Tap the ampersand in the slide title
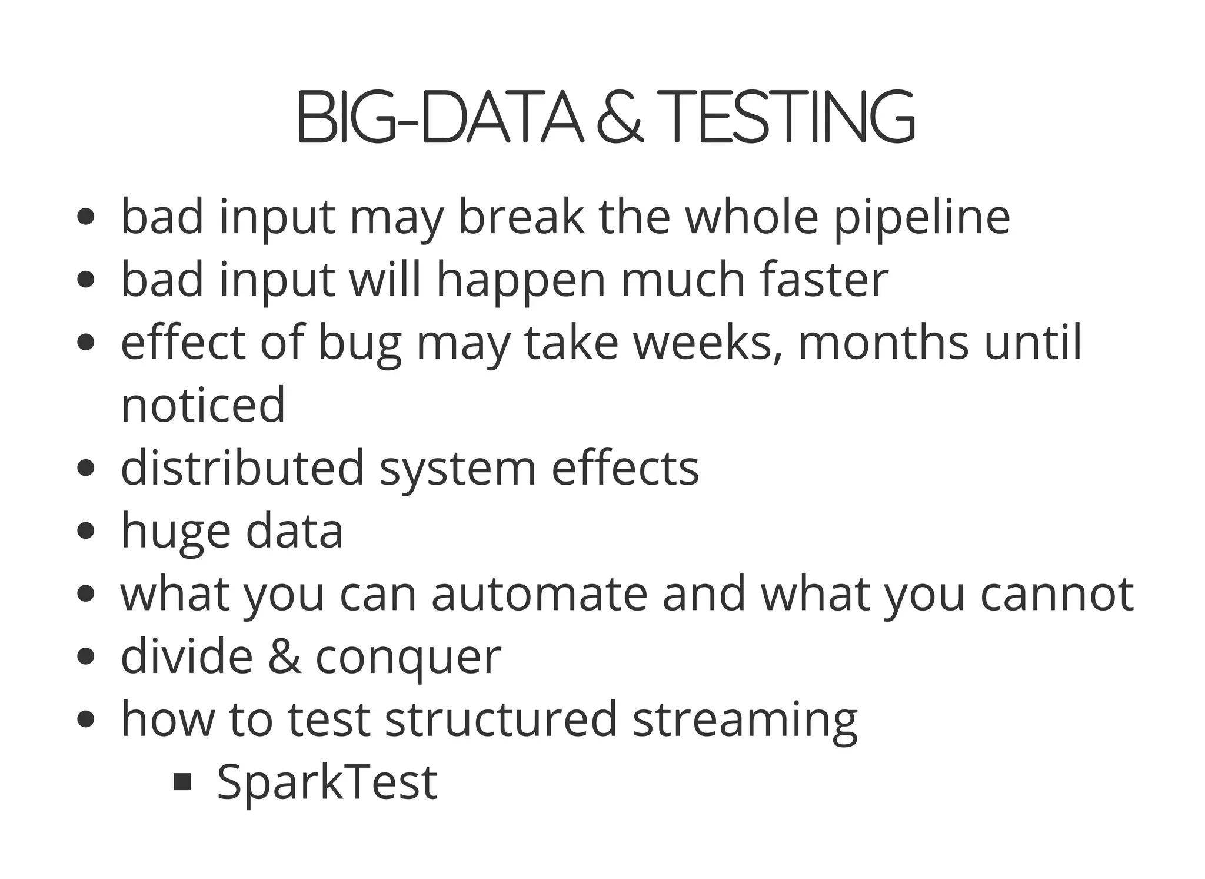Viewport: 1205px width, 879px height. coord(620,117)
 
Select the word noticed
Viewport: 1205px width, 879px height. coord(203,405)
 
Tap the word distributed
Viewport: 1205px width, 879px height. coord(242,467)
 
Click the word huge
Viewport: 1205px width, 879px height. coord(175,532)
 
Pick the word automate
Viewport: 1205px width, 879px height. coord(539,594)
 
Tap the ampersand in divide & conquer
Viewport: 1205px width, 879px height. coord(285,656)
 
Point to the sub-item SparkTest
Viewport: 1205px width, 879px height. coord(327,782)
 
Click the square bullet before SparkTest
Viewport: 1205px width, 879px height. coord(183,782)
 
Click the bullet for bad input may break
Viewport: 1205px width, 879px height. coord(86,217)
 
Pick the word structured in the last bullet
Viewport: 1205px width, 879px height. coord(501,719)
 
